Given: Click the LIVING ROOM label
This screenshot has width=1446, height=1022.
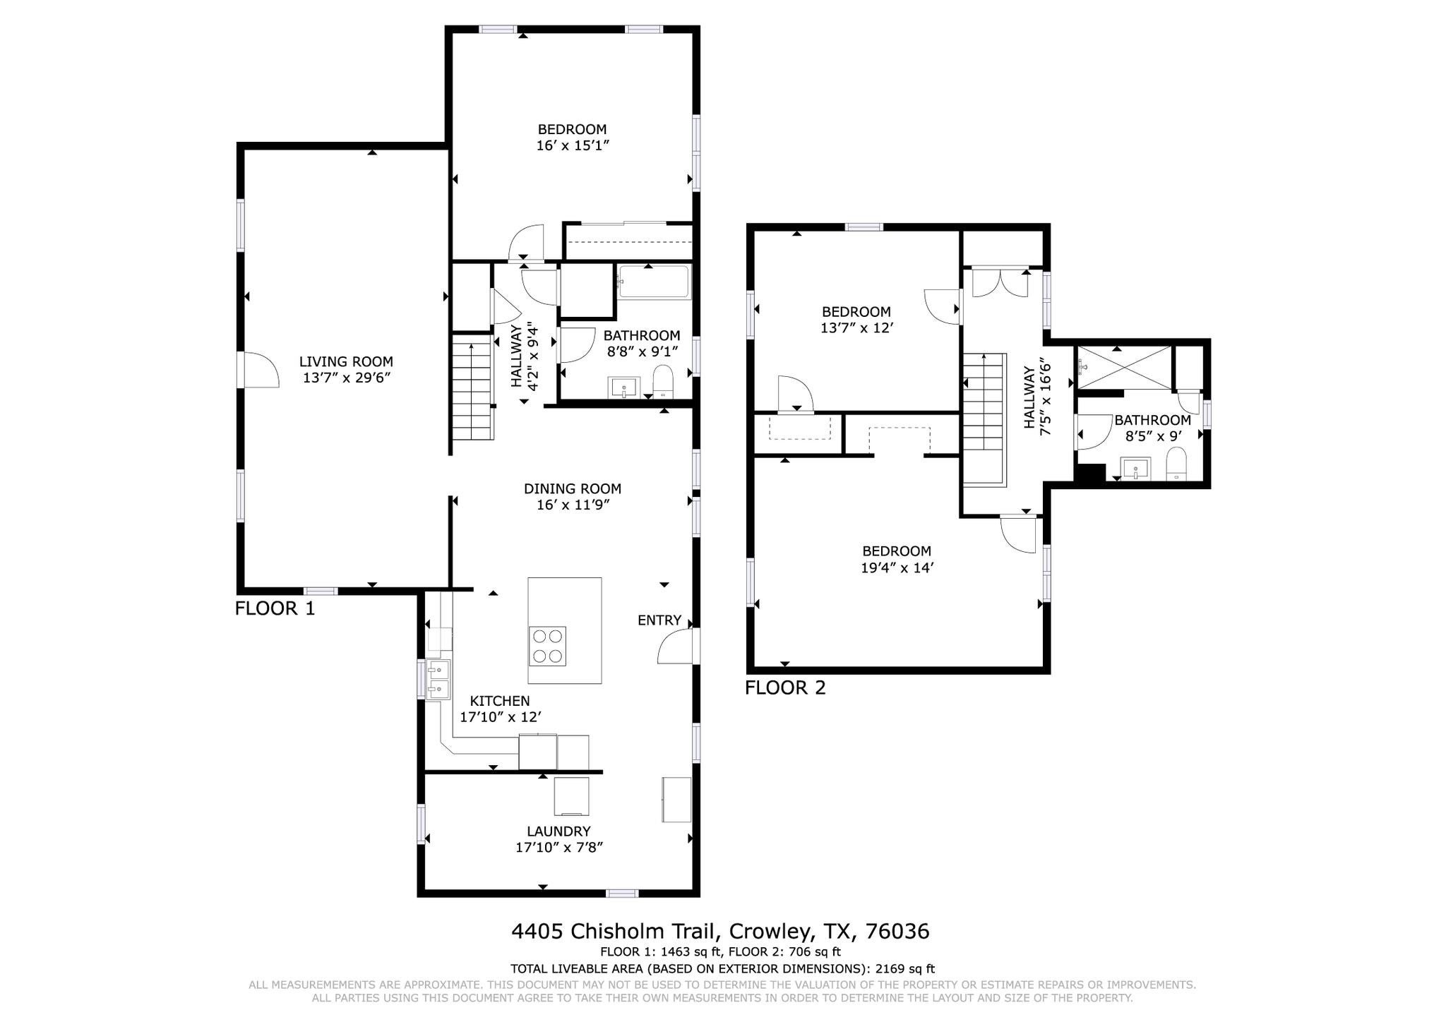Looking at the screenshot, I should coord(346,362).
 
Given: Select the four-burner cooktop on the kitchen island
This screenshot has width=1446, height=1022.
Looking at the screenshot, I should coord(547,646).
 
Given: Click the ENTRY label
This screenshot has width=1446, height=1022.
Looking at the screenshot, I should coord(659,620).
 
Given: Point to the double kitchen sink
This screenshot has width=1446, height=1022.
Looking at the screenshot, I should coord(438,679).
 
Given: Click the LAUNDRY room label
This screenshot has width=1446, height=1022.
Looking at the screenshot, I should coord(558,831).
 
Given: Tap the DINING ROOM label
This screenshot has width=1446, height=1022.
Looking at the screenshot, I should coord(572,488).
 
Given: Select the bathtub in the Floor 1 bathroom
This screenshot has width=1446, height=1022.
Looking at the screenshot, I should coord(653,282).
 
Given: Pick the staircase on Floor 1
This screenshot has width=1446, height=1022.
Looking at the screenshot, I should coord(471,388).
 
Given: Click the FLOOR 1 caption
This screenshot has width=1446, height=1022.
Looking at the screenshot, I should coord(275,608).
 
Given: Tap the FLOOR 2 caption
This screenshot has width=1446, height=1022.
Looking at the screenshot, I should coord(785,688).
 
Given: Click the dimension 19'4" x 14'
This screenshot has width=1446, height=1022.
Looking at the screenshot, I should coord(897,568).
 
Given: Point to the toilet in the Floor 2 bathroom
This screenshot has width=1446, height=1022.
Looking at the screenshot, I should coord(1176,466).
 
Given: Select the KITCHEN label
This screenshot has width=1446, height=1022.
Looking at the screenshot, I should coord(500,701).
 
